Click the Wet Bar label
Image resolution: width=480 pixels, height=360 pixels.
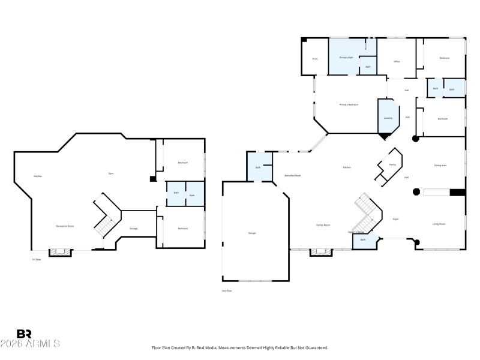(37, 176)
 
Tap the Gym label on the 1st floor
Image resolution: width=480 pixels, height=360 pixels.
(111, 173)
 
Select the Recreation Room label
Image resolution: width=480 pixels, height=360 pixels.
(65, 226)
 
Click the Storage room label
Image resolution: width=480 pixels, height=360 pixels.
(134, 229)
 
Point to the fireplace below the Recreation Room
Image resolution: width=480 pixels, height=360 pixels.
(60, 253)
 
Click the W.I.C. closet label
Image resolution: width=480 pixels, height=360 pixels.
(315, 59)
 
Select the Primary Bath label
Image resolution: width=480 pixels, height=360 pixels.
(346, 58)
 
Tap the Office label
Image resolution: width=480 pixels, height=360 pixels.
(397, 62)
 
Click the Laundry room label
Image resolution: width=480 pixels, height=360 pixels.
(388, 118)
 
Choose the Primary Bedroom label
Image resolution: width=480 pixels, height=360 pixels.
(349, 104)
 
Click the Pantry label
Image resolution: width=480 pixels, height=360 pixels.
(392, 164)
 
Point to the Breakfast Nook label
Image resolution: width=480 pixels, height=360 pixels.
(293, 175)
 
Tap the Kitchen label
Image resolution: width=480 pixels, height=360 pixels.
(347, 167)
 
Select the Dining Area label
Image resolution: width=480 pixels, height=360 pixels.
(440, 165)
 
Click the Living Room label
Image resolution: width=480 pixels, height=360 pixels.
(439, 224)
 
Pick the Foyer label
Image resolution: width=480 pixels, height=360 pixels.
(396, 220)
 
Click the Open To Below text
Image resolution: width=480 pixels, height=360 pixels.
(356, 232)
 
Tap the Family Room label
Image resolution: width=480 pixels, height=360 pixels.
(323, 224)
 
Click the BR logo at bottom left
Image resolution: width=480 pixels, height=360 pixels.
(25, 334)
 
